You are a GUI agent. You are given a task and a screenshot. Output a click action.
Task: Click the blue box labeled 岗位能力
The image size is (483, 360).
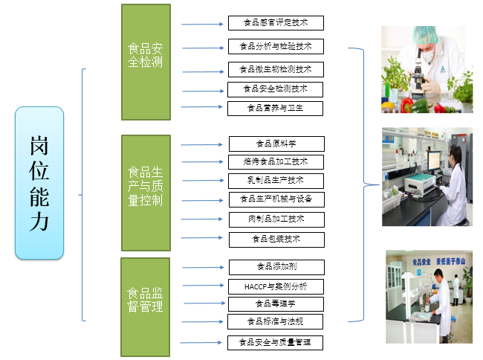point(39,183)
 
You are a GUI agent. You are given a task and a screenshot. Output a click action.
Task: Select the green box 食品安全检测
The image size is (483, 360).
point(146,62)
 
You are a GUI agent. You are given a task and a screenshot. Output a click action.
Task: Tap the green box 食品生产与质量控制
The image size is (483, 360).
point(146,193)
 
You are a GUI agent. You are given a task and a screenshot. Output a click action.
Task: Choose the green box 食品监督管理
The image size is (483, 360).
point(146,306)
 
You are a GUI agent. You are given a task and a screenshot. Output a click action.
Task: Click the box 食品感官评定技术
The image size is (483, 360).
point(276,23)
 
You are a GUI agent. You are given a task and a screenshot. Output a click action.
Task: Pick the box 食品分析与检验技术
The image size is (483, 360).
point(276,47)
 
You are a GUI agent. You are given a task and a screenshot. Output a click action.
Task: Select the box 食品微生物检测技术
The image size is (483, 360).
point(276,70)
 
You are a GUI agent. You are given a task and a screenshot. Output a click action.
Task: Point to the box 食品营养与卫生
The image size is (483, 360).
point(276,108)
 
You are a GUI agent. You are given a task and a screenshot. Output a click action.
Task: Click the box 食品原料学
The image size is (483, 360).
point(276,144)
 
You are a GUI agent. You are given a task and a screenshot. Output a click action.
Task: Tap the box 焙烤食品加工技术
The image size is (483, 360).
point(276,161)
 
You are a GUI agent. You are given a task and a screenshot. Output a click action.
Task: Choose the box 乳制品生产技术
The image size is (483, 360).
point(276,181)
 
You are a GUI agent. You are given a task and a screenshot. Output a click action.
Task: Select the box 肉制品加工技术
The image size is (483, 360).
point(276,219)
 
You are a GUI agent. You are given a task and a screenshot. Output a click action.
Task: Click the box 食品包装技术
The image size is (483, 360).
point(276,240)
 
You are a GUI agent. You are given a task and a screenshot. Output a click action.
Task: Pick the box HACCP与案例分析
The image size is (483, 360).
point(276,286)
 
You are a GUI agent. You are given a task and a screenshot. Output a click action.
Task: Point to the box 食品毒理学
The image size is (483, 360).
point(276,303)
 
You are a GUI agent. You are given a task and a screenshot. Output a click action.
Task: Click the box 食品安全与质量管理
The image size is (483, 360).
point(276,343)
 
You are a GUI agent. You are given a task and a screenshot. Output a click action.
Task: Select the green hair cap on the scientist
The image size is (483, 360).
point(426,35)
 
